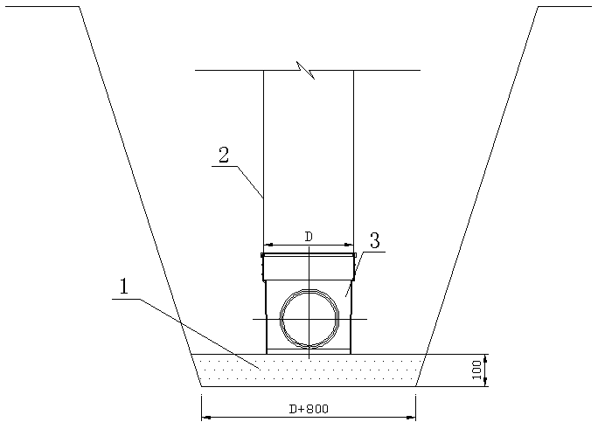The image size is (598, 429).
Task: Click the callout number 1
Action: (x=124, y=287)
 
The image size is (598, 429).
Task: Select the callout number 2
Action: (x=224, y=155)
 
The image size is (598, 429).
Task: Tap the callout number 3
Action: (x=374, y=241)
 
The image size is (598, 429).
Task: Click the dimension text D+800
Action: (x=309, y=409)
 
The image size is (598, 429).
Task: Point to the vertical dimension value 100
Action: (x=476, y=370)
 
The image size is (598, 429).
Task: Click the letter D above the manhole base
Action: (x=309, y=237)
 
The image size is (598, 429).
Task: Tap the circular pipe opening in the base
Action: (x=309, y=319)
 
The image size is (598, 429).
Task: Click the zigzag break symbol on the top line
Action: (x=306, y=70)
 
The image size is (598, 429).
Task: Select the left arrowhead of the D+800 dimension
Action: (x=206, y=418)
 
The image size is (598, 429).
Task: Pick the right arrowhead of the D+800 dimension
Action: (x=411, y=418)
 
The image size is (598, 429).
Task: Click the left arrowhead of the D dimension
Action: (x=268, y=245)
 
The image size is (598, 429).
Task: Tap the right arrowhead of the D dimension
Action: (x=349, y=245)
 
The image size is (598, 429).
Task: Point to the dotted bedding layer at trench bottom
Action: (x=309, y=370)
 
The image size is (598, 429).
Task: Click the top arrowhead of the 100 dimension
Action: (x=485, y=358)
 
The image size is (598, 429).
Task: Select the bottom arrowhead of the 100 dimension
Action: (x=485, y=382)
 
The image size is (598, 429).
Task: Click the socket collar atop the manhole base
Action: (x=309, y=266)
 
